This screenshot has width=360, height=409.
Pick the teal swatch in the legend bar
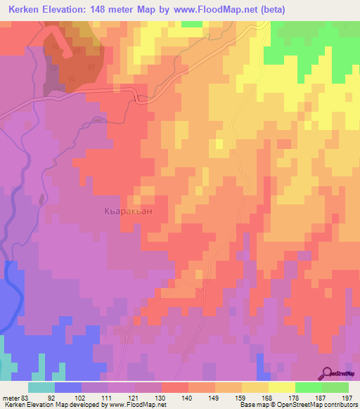tap(41, 387)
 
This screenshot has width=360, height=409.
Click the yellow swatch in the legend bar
tap(281, 387)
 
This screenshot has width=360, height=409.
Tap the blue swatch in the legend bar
tap(68, 387)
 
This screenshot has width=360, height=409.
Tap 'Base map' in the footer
tap(254, 405)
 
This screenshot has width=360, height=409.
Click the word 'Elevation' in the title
tap(68, 11)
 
